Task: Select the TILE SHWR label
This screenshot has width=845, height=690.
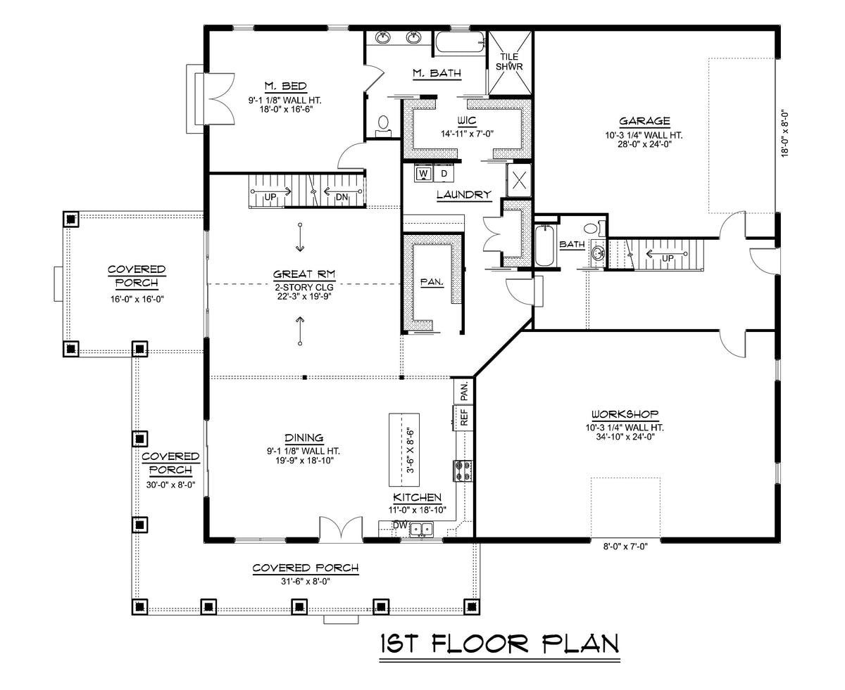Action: tap(509, 61)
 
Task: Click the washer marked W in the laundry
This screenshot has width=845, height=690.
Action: tap(424, 173)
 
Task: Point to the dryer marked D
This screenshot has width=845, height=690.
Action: tap(444, 173)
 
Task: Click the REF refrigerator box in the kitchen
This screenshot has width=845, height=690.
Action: tap(464, 417)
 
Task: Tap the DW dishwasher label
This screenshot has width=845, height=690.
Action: tap(399, 525)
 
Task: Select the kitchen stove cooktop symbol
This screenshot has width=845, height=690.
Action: tap(463, 470)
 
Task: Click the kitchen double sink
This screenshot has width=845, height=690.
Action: tap(422, 530)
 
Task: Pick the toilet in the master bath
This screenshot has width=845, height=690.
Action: tap(383, 124)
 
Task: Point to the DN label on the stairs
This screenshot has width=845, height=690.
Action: tap(342, 197)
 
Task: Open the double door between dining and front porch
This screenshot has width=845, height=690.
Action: tap(340, 529)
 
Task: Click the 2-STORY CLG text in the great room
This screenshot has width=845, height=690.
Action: tap(303, 286)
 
